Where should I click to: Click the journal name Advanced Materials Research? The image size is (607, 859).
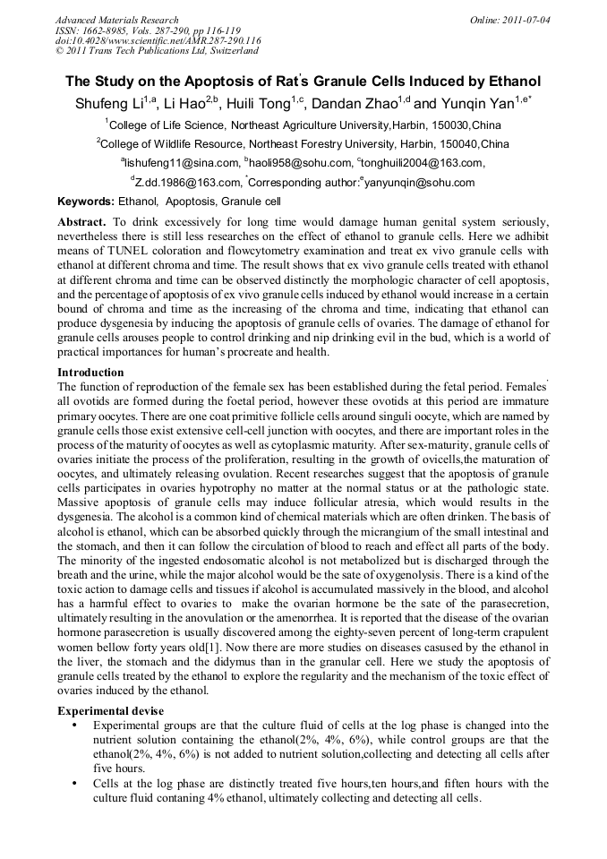coord(116,20)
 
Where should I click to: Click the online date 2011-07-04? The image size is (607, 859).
coord(525,20)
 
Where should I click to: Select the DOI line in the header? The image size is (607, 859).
coord(158,40)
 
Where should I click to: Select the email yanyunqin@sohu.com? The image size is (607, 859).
coord(420,183)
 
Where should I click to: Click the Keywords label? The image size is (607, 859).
coord(86,202)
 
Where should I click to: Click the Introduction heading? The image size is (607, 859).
coord(90,372)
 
